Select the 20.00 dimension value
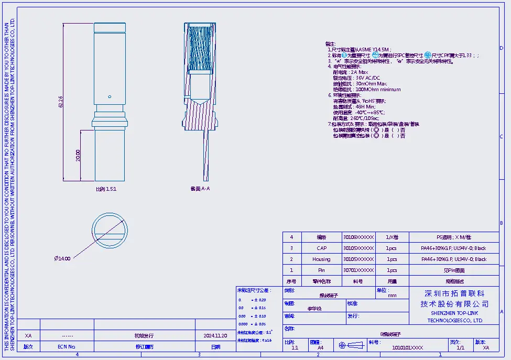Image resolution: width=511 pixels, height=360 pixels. [x=78, y=156]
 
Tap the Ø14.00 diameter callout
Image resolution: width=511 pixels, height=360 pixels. [x=62, y=258]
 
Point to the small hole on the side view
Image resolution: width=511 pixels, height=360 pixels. [x=110, y=96]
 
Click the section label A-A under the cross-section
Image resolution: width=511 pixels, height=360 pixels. [x=200, y=189]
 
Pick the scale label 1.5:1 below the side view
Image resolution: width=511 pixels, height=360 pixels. [x=106, y=189]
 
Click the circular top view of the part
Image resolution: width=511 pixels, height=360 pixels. [x=110, y=231]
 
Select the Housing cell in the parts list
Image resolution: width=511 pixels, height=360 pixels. [x=321, y=259]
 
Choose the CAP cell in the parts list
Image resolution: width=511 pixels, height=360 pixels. [x=321, y=248]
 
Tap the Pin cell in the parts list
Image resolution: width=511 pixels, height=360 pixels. [x=321, y=270]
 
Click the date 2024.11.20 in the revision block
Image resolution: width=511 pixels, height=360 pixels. [x=215, y=335]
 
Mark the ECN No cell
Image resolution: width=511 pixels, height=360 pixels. [x=67, y=346]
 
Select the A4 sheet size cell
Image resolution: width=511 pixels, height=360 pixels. [x=320, y=347]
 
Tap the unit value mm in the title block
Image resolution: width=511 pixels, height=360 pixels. [x=392, y=296]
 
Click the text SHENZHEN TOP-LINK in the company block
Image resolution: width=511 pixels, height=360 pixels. [x=455, y=313]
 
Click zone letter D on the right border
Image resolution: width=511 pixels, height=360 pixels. [x=502, y=48]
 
